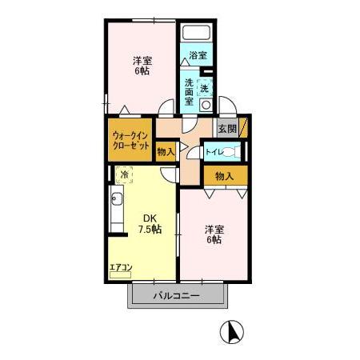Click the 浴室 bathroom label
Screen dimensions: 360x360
click(x=198, y=55)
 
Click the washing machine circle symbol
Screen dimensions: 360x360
click(x=206, y=104)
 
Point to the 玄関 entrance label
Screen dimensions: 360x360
click(x=226, y=129)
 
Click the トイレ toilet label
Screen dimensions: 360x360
click(x=214, y=151)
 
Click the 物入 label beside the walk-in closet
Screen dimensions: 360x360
click(x=166, y=151)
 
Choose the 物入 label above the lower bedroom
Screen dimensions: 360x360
click(x=224, y=176)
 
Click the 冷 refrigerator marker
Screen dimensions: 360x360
click(x=124, y=173)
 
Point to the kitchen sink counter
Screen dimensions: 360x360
click(x=116, y=212)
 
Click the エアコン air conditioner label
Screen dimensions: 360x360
click(x=120, y=266)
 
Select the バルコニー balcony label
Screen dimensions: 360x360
click(x=178, y=296)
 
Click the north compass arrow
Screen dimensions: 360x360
click(x=232, y=331)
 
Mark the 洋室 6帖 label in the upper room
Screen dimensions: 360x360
click(x=142, y=65)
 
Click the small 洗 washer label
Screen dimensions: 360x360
click(x=204, y=87)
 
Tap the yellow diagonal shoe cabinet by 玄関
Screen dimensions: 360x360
click(x=243, y=128)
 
